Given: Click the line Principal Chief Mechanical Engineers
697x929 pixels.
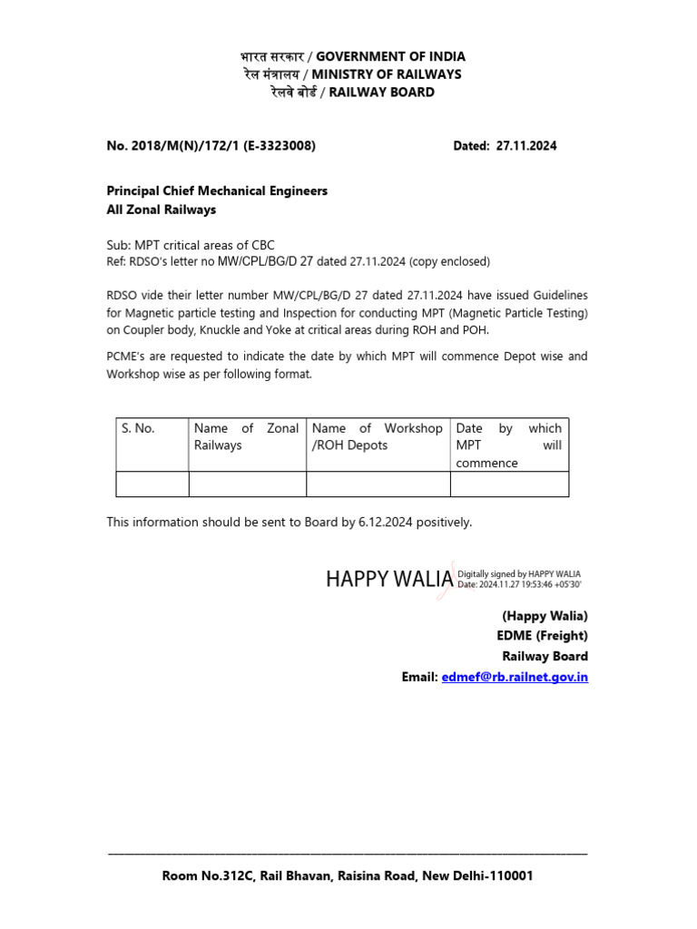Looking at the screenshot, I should click(x=217, y=191).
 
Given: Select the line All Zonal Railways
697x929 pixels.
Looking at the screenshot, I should click(x=162, y=210).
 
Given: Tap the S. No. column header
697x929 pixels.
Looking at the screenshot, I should click(x=139, y=428).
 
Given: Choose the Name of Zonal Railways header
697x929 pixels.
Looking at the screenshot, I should click(x=246, y=436).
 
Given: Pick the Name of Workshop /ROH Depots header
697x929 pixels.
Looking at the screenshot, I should click(x=377, y=436).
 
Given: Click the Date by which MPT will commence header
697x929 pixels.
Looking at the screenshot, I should click(x=508, y=445).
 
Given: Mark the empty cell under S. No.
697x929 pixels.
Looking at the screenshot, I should click(x=152, y=484).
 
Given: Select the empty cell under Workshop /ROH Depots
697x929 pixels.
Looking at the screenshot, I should click(x=378, y=484).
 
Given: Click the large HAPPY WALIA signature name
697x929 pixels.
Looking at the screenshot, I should click(x=389, y=579).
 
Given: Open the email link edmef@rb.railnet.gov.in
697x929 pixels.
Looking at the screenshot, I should click(x=514, y=677).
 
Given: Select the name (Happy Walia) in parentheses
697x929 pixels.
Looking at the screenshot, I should click(x=545, y=616).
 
